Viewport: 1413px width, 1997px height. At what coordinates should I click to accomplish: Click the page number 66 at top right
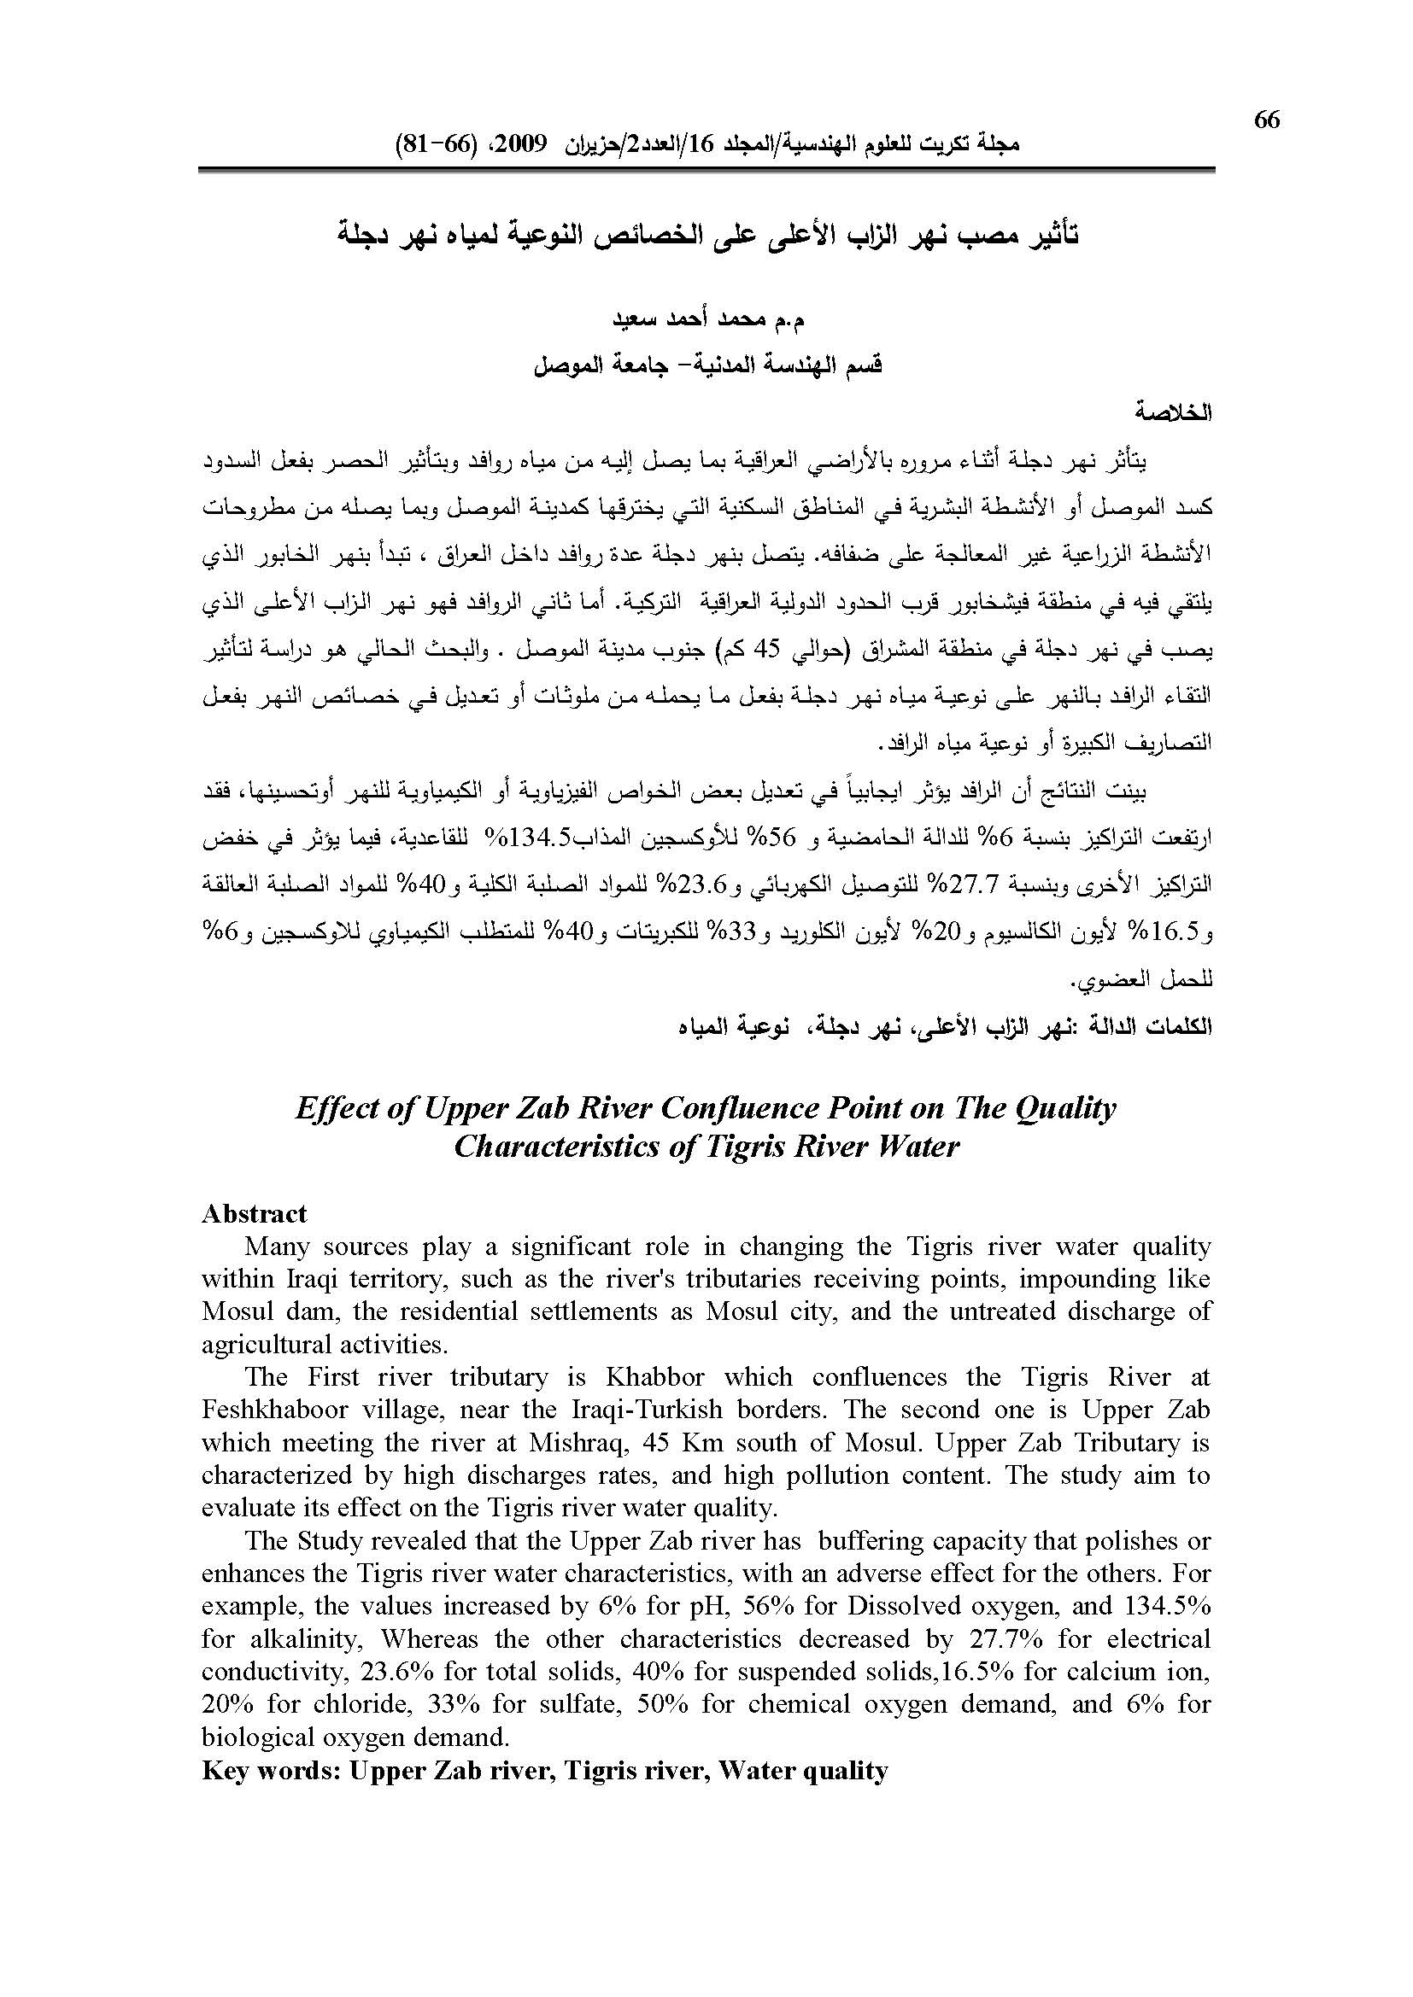click(x=1267, y=120)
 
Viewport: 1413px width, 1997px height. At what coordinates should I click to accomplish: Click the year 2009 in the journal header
click(x=521, y=143)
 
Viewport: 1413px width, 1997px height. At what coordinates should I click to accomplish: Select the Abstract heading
click(x=254, y=1214)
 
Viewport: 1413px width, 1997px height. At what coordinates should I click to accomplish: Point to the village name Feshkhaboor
click(x=277, y=1410)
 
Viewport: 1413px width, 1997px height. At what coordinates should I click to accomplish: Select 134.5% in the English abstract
click(x=1167, y=1607)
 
